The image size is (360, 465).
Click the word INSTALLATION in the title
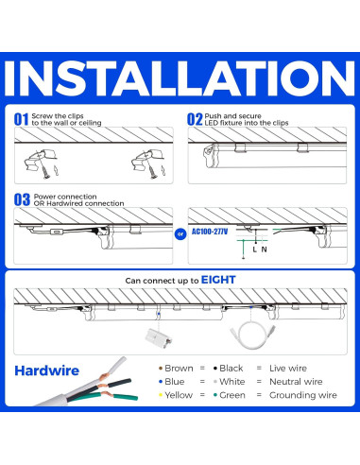(180, 80)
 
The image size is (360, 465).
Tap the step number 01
(21, 120)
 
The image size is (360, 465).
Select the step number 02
(195, 120)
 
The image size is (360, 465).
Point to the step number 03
(21, 198)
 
